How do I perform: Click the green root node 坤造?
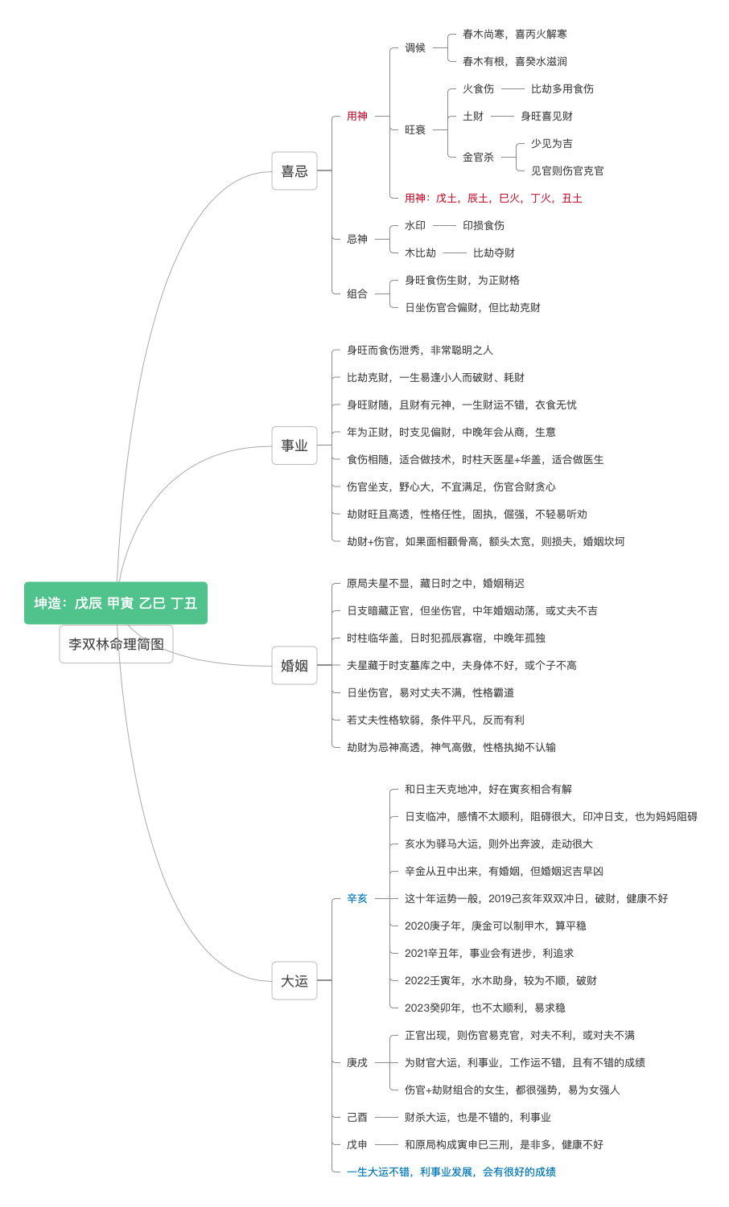click(116, 603)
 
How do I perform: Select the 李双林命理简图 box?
click(116, 644)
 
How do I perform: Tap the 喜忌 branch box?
click(294, 170)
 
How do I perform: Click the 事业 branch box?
click(294, 445)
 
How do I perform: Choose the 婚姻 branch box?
click(294, 666)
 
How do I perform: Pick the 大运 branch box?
click(294, 981)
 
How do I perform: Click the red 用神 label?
click(357, 116)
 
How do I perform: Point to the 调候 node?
click(415, 48)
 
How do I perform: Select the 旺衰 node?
click(415, 129)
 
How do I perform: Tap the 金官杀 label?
click(478, 158)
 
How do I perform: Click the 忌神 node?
click(357, 240)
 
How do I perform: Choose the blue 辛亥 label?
click(357, 898)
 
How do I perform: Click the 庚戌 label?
click(357, 1062)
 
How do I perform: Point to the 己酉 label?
click(357, 1117)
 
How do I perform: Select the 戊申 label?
click(357, 1144)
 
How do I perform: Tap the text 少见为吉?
click(552, 143)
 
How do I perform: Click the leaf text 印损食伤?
click(484, 225)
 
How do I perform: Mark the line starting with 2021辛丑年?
click(489, 953)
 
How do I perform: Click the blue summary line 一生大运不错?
click(451, 1172)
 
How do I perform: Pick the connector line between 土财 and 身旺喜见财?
click(502, 117)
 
